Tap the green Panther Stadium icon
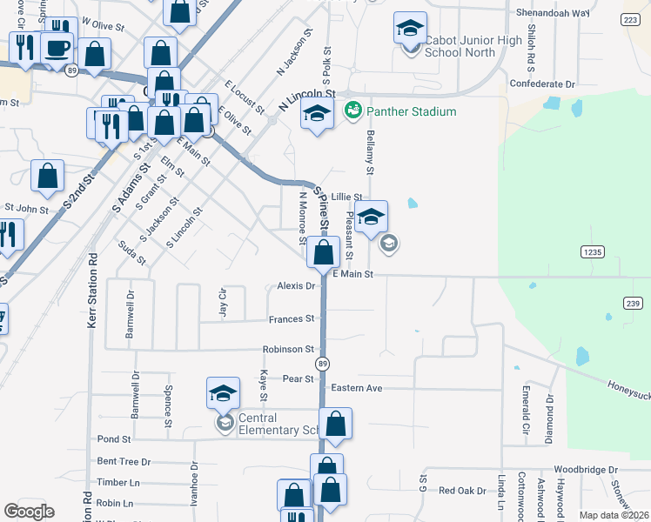click(x=353, y=110)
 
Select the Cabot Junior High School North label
click(x=473, y=46)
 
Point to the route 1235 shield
click(x=593, y=251)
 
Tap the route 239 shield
click(x=633, y=302)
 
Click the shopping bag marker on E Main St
click(x=323, y=253)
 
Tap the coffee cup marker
click(x=58, y=48)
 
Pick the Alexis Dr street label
click(x=296, y=285)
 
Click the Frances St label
click(x=291, y=319)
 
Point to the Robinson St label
click(x=288, y=349)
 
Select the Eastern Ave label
click(x=358, y=388)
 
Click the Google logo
click(x=29, y=512)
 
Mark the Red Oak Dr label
click(x=462, y=491)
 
